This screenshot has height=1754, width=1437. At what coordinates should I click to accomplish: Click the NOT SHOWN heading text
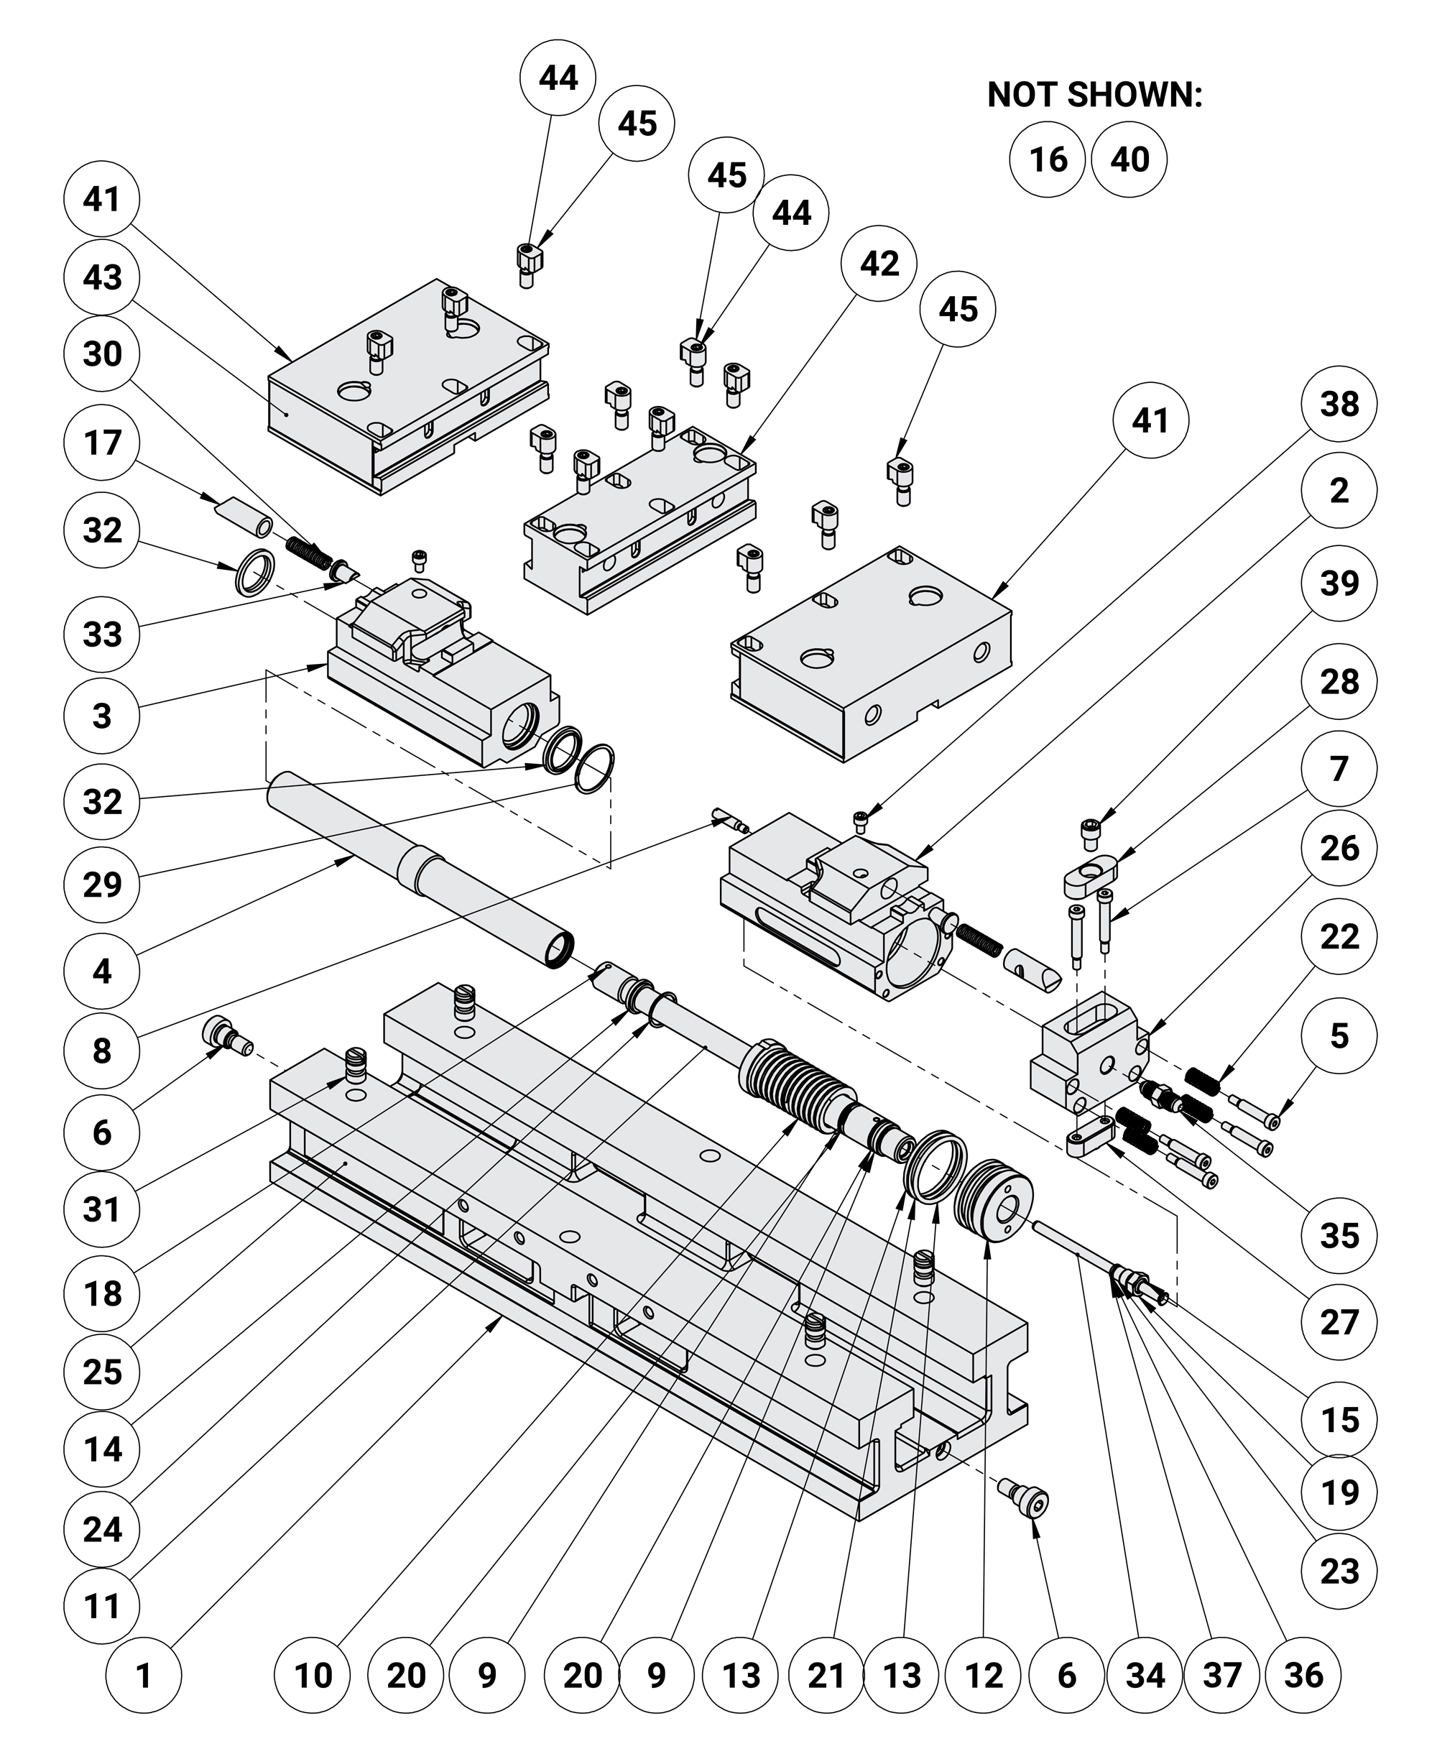pos(1094,95)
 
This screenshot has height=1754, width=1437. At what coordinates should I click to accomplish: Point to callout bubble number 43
pos(102,277)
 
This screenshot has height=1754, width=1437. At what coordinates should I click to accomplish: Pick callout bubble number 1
pos(143,1674)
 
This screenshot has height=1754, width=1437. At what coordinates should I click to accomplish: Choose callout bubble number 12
pos(984,1674)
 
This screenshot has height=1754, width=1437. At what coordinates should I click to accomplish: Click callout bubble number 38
pos(1339,404)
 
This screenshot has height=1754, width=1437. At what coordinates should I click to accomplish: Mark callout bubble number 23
pos(1339,1570)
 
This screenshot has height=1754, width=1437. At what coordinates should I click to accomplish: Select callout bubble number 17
pos(102,442)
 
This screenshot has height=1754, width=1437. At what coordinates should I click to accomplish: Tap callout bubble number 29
pos(102,884)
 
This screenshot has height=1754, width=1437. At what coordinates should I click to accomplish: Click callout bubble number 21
pos(826,1674)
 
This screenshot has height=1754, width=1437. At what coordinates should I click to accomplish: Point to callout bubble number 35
pos(1339,1236)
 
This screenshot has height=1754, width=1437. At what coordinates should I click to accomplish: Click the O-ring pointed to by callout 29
pos(594,770)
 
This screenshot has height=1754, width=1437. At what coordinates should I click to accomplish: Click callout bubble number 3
pos(102,714)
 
